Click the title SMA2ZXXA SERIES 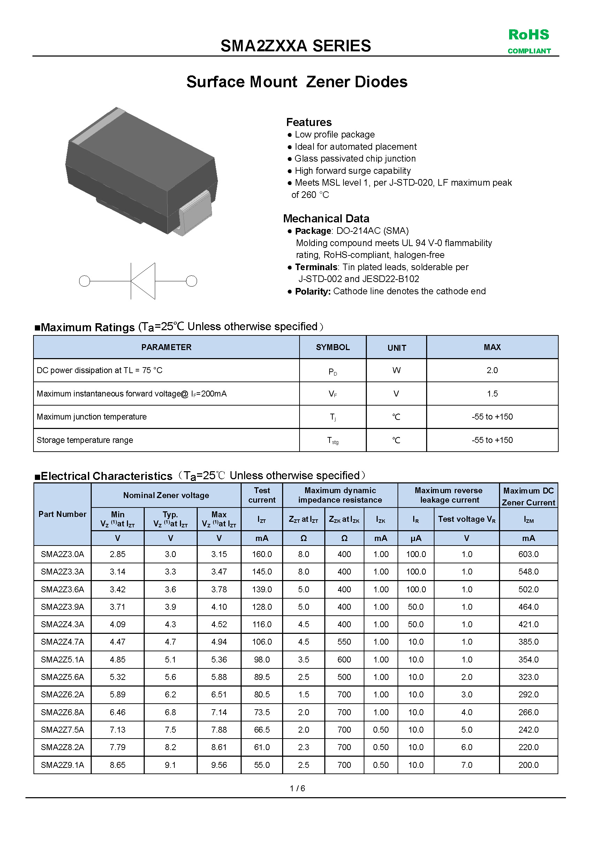coord(296,46)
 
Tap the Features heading coord(309,122)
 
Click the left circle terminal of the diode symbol coord(84,281)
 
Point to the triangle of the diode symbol coord(143,281)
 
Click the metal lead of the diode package coord(196,214)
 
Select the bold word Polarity coord(313,291)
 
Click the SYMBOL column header coord(333,347)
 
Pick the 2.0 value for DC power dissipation coord(492,370)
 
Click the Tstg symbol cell coord(333,440)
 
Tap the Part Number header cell coord(62,514)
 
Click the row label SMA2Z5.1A coord(62,660)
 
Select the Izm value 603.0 coord(528,554)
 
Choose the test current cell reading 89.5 coord(262,677)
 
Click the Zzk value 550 coord(344,642)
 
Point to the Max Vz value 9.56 coord(219,765)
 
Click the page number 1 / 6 coord(297,788)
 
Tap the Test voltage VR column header coord(467,519)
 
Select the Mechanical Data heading coord(326,218)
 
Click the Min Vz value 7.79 coord(118,747)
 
